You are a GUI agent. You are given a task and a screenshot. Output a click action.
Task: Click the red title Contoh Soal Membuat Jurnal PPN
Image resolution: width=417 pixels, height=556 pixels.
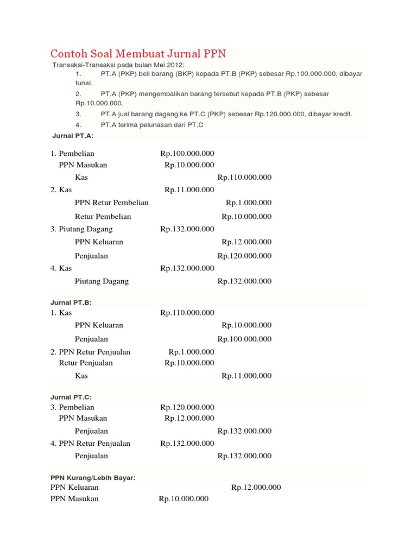[x=138, y=54]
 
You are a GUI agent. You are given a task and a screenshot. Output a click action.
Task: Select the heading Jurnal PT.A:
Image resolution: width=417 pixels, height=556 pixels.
[x=73, y=136]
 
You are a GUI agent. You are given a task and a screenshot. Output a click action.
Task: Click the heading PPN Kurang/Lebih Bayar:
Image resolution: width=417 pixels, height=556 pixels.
[x=93, y=477]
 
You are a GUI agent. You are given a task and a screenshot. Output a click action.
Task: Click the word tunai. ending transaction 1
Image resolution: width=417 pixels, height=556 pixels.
[x=84, y=83]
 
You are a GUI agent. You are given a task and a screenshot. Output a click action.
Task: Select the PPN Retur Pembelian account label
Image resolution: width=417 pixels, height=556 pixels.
[x=112, y=203]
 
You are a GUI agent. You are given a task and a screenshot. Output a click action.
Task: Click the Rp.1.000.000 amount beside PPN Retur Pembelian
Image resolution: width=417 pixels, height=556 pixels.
[x=249, y=203]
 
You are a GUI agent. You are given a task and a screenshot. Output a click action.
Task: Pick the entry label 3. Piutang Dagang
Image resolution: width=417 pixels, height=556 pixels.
[x=82, y=229]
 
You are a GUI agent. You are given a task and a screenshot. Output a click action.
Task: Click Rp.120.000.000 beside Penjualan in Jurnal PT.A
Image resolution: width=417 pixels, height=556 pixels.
[x=244, y=256]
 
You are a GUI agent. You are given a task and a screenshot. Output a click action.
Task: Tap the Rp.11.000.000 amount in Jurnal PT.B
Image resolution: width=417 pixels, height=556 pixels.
[x=247, y=376]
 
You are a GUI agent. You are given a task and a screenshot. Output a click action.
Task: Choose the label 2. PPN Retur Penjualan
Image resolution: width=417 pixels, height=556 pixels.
[x=91, y=352]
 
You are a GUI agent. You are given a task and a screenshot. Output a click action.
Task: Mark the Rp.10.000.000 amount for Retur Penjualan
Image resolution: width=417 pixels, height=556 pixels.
[x=189, y=363]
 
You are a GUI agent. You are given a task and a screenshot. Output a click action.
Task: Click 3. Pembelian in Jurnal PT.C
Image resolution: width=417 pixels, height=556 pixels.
[x=73, y=407]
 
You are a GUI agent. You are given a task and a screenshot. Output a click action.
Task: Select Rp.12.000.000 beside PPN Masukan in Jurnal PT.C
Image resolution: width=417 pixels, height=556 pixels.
[x=189, y=418]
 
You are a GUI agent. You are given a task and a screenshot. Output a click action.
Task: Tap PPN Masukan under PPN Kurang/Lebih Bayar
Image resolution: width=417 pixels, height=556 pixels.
[x=75, y=498]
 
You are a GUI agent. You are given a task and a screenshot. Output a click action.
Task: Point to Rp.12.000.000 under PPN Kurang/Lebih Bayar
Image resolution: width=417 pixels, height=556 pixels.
[x=256, y=488]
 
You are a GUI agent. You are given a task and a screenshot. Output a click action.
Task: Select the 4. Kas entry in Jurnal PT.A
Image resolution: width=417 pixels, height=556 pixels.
[x=61, y=268]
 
